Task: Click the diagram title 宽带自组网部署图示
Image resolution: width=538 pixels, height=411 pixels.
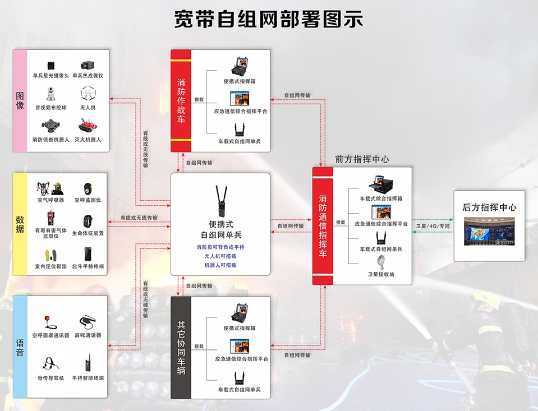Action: [x=268, y=19]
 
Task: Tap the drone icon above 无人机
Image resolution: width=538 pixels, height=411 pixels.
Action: [x=88, y=93]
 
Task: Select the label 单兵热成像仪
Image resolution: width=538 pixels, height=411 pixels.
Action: [x=88, y=76]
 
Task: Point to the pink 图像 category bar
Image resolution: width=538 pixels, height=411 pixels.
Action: [x=20, y=101]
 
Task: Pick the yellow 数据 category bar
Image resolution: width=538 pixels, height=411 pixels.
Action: [x=20, y=224]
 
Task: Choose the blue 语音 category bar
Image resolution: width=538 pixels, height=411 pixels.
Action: [x=20, y=347]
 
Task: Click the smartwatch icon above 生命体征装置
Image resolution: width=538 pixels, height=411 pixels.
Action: [x=88, y=221]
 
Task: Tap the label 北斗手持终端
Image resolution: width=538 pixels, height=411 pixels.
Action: [x=88, y=266]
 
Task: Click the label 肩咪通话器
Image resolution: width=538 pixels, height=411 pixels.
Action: [x=88, y=335]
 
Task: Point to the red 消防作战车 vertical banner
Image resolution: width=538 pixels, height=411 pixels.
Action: [x=181, y=101]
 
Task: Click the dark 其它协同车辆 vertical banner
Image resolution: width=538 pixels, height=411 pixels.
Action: [x=181, y=348]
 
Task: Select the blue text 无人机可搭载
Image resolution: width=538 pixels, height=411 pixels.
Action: [x=220, y=256]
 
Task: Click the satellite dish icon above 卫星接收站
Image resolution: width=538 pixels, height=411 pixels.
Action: [x=381, y=263]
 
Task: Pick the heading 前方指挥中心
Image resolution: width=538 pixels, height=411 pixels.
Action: [x=362, y=160]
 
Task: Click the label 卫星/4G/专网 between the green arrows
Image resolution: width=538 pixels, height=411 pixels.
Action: [x=433, y=226]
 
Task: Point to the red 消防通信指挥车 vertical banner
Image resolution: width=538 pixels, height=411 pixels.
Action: [x=323, y=226]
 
